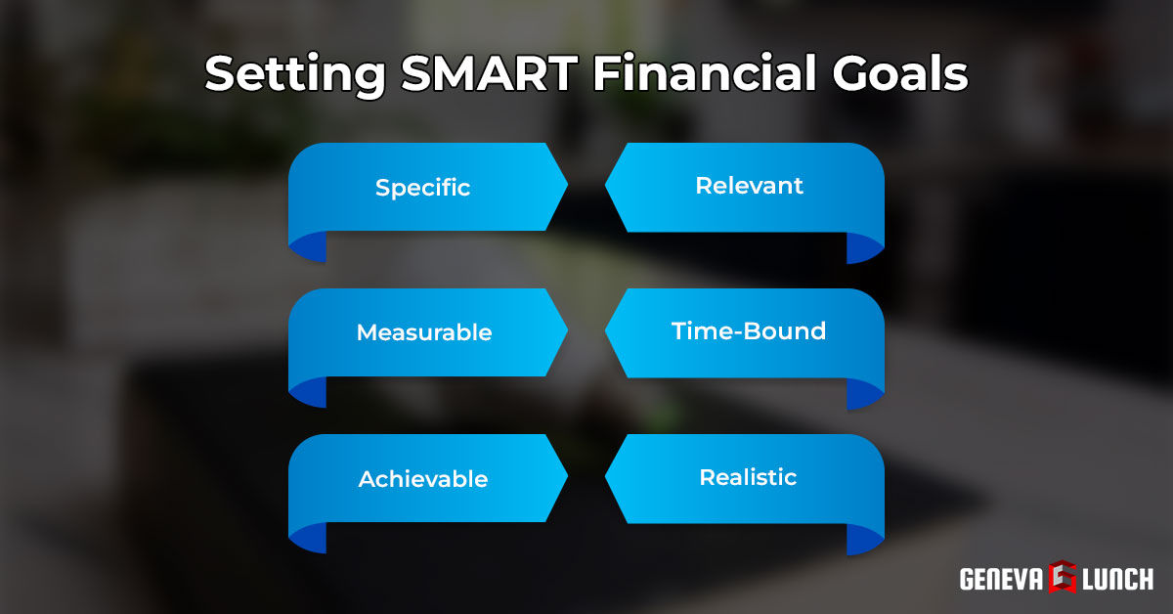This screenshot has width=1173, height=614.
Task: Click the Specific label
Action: pos(422,187)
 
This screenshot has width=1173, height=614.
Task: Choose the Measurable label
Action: pos(423,332)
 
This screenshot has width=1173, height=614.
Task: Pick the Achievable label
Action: pos(422,479)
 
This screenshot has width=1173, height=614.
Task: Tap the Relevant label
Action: pos(749,186)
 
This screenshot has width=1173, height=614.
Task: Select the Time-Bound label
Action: pos(749,331)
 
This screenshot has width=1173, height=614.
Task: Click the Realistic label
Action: pos(748,478)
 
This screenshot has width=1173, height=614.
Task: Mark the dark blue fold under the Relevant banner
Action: pos(865,248)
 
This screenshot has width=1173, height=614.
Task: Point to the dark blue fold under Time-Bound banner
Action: pos(865,394)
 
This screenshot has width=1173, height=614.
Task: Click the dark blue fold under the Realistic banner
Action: pos(865,540)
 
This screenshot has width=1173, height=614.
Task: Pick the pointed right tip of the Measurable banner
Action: pos(563,332)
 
